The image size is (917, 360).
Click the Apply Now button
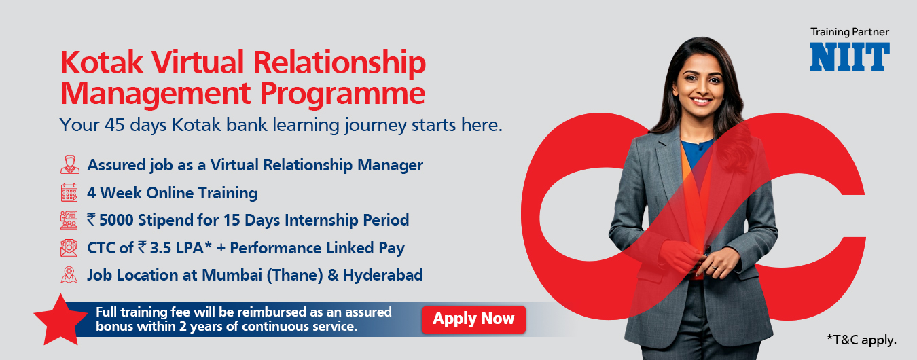[473, 319]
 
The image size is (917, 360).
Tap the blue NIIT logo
[850, 57]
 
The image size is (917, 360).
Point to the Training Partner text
[850, 32]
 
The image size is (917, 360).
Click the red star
[60, 321]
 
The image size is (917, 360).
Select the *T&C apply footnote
[862, 340]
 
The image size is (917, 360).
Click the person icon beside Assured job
[69, 164]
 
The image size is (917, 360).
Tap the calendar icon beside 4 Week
[69, 192]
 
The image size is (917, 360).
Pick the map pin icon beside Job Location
[69, 275]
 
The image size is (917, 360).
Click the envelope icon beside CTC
[69, 248]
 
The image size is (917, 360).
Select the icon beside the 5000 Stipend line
[69, 220]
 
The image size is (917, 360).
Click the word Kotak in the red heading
[101, 62]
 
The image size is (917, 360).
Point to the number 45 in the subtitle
[114, 125]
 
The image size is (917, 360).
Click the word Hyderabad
[383, 275]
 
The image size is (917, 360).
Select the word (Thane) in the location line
[295, 275]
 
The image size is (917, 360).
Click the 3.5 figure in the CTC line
[160, 248]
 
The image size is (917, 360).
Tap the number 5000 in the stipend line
[116, 220]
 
